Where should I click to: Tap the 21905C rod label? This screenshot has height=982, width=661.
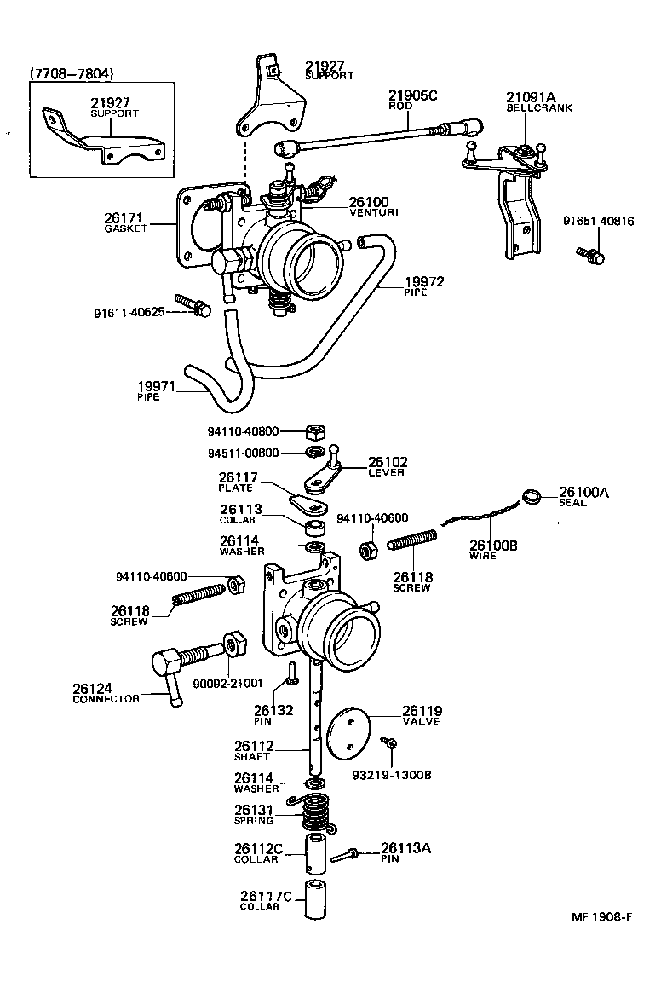click(x=412, y=95)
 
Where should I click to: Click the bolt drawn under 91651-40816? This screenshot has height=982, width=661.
click(x=589, y=254)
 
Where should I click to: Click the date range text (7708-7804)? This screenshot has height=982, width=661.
click(x=72, y=74)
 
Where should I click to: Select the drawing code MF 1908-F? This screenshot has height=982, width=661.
click(x=601, y=918)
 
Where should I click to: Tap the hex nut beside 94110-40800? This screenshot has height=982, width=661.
click(x=311, y=431)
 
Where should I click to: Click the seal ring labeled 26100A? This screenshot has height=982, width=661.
click(x=532, y=497)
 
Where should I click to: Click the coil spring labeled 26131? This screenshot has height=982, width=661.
click(x=315, y=812)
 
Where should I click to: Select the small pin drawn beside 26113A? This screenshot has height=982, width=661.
click(x=345, y=854)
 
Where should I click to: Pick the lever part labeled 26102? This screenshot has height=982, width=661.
click(x=326, y=473)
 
